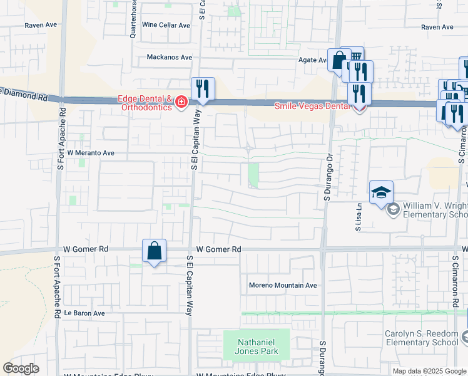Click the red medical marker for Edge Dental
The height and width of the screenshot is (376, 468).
181,102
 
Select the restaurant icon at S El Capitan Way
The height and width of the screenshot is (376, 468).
202,88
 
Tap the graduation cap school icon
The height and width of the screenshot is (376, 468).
381,192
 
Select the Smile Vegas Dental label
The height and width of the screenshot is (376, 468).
312,107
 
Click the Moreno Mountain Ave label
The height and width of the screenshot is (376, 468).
283,285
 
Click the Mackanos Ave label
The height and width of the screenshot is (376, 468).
169,57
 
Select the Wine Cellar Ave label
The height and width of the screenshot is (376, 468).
166,25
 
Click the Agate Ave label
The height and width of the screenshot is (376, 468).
315,60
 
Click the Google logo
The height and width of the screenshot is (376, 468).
21,368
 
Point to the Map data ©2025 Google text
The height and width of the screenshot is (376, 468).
429,371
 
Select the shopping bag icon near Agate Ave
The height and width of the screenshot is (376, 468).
339,61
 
